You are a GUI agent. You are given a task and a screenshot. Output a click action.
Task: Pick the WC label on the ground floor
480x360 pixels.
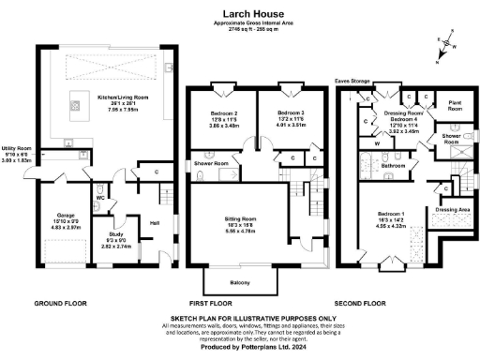(x=99, y=198)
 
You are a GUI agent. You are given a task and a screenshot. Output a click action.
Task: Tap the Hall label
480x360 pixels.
(x=154, y=221)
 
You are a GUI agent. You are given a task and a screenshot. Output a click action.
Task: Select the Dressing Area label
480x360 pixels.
(x=455, y=209)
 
